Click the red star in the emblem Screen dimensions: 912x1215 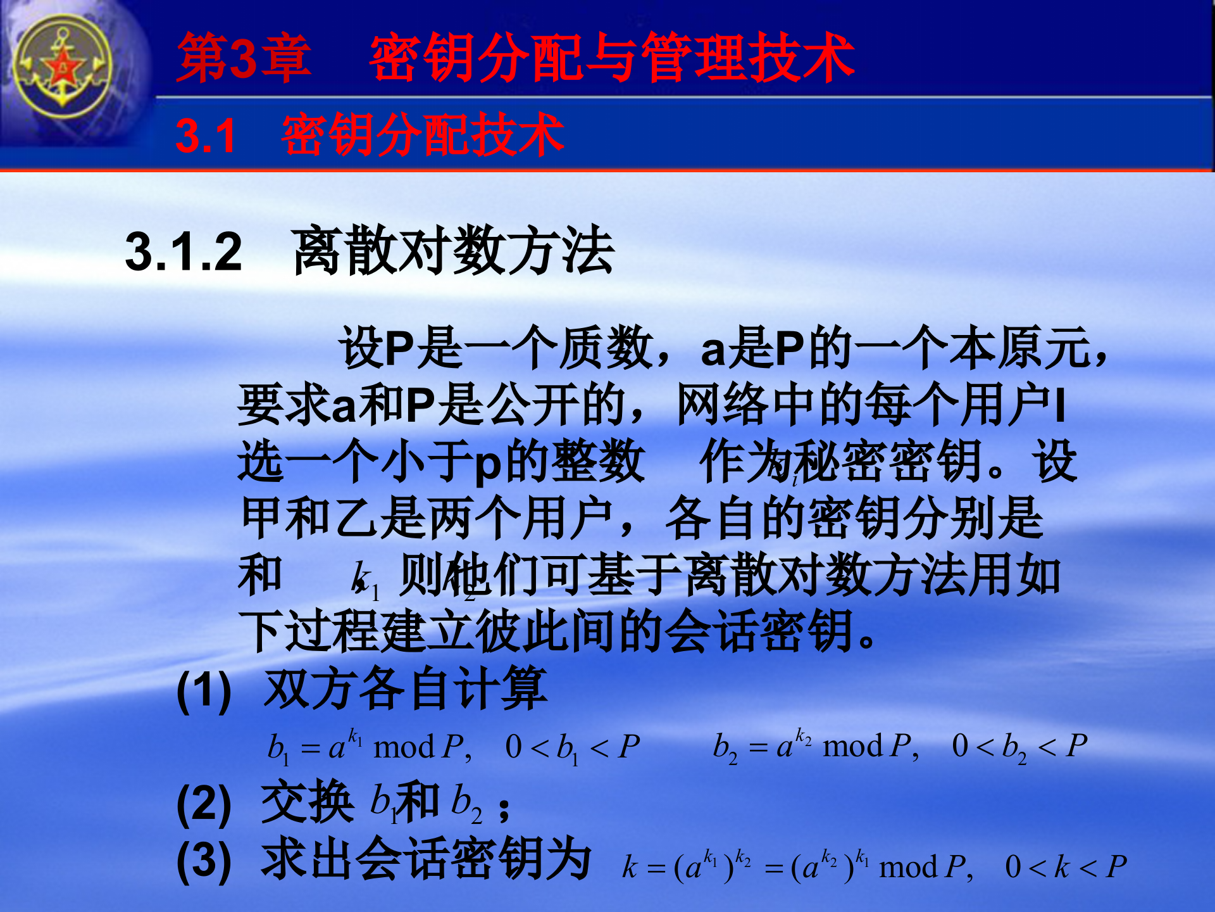[63, 67]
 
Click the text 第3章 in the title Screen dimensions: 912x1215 [244, 58]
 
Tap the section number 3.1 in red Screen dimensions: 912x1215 [205, 136]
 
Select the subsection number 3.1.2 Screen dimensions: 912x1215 [184, 252]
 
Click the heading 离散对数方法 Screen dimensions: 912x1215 [453, 252]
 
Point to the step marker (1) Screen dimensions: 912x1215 [204, 691]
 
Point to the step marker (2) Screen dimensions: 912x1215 [204, 804]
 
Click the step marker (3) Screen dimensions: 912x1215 [204, 861]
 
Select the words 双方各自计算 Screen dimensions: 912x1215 [405, 690]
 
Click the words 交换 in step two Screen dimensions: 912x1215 [308, 802]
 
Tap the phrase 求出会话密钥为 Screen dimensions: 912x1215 [426, 859]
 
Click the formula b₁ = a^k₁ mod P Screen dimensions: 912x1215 [370, 747]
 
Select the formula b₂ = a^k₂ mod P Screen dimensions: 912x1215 [816, 746]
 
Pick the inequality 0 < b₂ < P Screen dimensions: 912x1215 [1019, 746]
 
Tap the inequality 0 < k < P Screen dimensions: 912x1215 [1066, 867]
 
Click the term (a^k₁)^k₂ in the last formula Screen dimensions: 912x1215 [712, 867]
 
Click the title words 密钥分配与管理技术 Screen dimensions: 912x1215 [612, 58]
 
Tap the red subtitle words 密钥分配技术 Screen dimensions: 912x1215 [423, 136]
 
